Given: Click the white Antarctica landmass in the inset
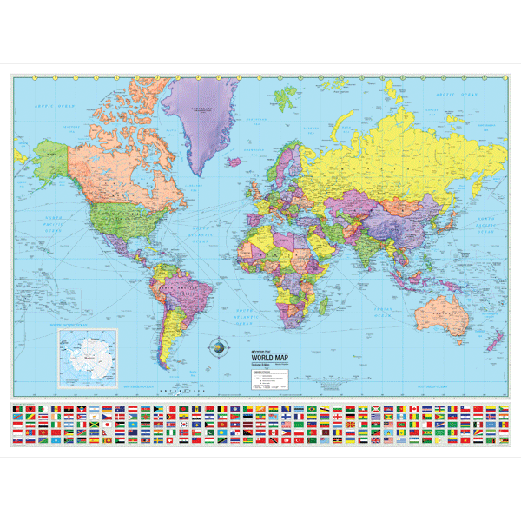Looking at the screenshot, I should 89,357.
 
